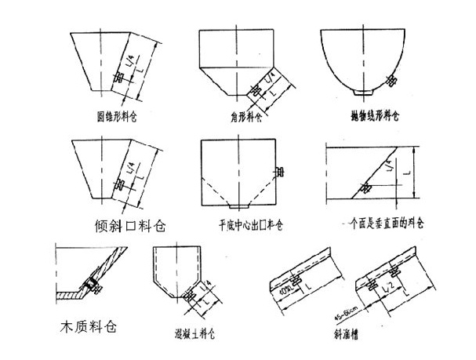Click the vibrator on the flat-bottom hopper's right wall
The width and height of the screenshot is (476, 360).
(x=279, y=170)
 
